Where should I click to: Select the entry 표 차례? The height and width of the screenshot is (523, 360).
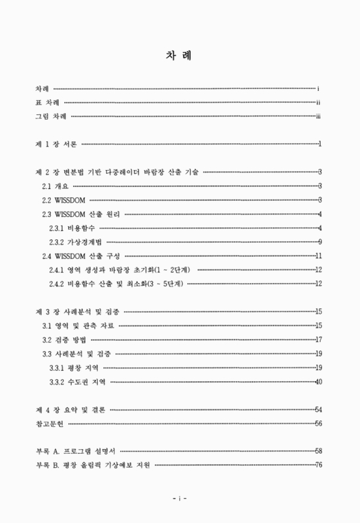click(49, 102)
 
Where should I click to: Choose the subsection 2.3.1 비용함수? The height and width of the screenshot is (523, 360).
click(72, 228)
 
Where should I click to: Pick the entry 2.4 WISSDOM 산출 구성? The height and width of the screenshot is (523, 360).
click(81, 256)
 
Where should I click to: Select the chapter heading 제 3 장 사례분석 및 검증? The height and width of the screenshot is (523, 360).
click(78, 311)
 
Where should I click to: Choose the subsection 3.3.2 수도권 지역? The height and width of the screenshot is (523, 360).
click(77, 381)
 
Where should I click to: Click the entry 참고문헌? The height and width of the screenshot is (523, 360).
click(50, 424)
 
